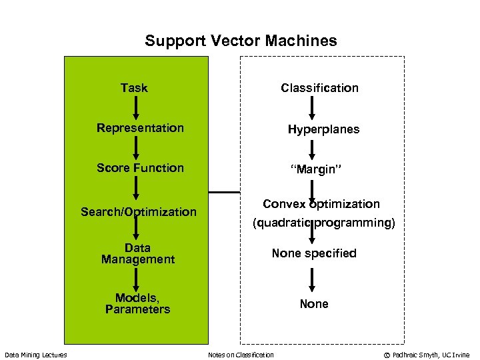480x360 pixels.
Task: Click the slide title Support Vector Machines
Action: coord(241,41)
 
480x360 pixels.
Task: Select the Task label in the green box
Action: coord(134,88)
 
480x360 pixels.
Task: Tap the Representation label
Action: coord(140,128)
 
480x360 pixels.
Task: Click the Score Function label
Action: coord(140,168)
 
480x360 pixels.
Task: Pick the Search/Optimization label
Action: coord(139,212)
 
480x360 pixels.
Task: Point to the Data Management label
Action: coord(138,253)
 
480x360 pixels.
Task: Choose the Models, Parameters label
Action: coord(137,303)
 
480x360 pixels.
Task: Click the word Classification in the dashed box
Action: coord(319,88)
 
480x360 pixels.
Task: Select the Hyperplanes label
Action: coord(323,129)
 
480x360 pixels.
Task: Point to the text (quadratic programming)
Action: coord(323,223)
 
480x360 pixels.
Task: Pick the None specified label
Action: coord(314,253)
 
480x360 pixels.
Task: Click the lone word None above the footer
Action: coord(314,304)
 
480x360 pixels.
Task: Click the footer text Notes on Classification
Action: coord(241,355)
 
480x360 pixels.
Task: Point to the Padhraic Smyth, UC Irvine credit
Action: coord(427,355)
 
